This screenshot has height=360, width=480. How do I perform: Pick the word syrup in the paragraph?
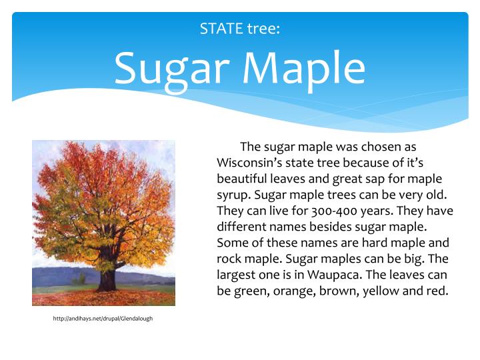click(233, 195)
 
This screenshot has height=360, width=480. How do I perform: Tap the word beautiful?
click(243, 179)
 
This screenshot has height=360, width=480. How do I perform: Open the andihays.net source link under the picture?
click(103, 319)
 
